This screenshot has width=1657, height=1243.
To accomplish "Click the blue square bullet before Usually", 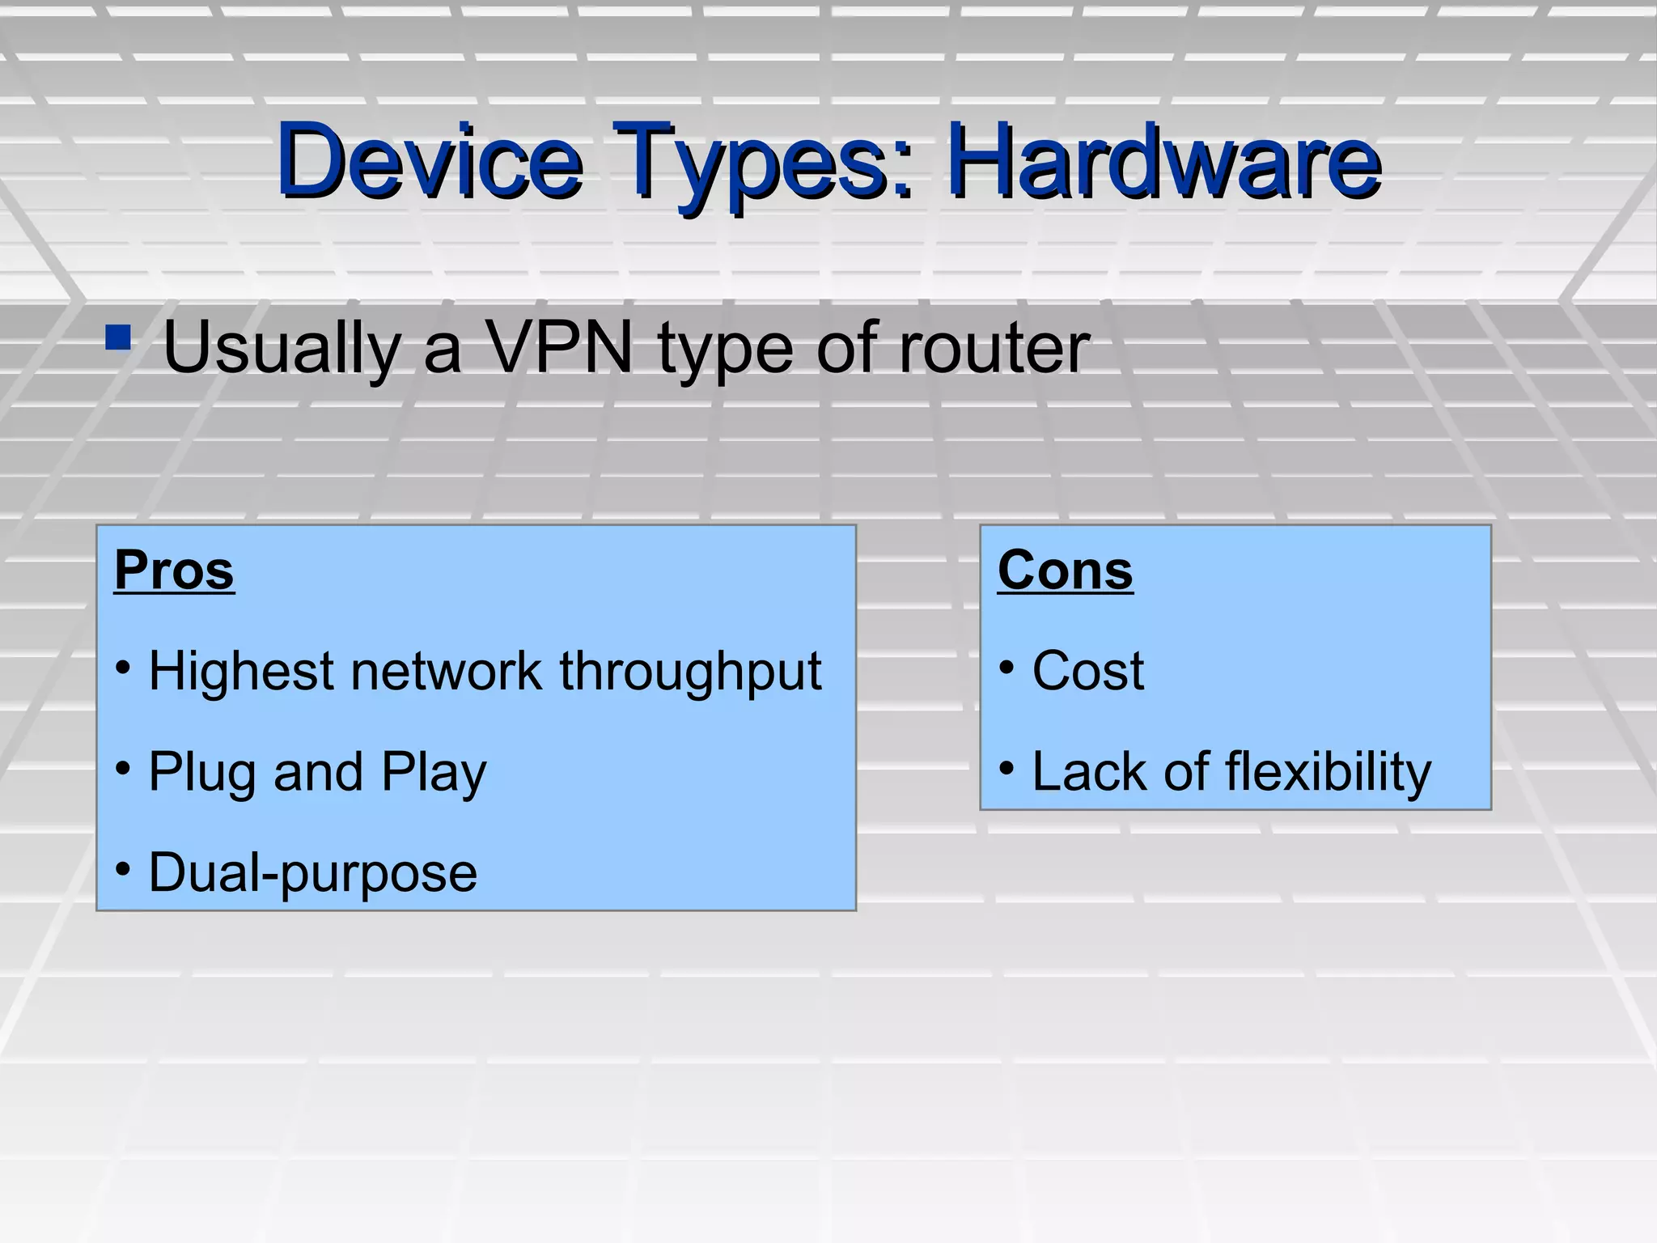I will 118,337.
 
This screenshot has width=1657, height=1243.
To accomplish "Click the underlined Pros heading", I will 174,570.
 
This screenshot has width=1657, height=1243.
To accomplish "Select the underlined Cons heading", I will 1065,570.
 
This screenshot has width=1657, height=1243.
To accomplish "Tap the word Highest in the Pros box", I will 241,671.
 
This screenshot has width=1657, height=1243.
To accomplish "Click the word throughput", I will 690,672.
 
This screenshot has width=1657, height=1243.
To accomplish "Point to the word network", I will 446,671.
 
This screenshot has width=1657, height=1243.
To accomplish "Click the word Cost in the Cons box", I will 1088,671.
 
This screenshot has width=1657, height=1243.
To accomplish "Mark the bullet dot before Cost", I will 1006,668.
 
